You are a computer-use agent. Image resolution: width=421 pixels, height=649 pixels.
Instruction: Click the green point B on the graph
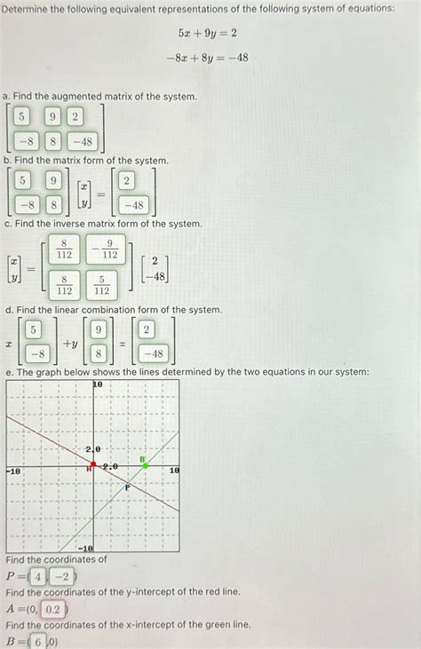tap(145, 465)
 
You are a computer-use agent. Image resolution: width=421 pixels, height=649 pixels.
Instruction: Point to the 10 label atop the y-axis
tap(98, 385)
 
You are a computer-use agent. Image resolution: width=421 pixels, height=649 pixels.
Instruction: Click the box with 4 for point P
tap(38, 576)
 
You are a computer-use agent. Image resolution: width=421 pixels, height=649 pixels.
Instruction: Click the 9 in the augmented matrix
tap(52, 116)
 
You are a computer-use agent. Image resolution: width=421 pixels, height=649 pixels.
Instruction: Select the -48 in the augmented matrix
tap(82, 140)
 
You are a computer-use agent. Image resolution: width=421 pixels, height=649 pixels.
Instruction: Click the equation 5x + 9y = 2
tap(206, 34)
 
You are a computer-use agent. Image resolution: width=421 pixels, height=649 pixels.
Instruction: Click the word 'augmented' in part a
tap(78, 95)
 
